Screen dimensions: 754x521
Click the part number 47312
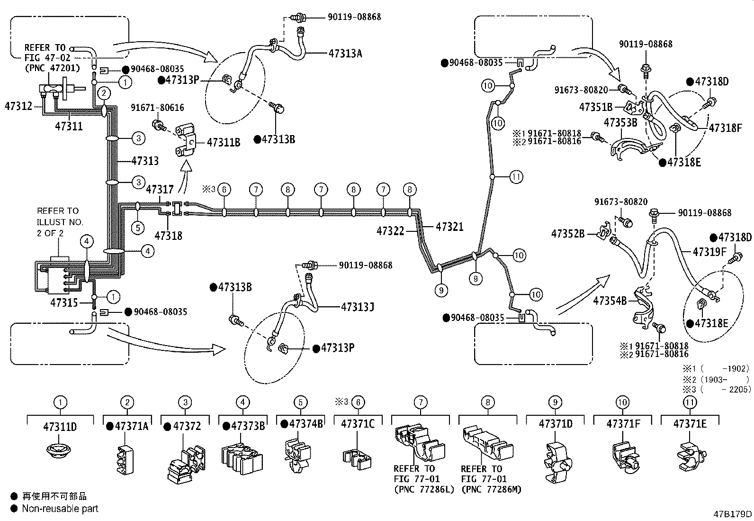click(x=18, y=106)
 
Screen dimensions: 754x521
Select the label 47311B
click(x=224, y=143)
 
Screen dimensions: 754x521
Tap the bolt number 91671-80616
click(x=158, y=108)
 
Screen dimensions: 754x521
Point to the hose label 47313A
click(x=345, y=54)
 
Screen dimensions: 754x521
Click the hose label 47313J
click(x=358, y=307)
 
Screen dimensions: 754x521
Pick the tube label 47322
click(x=390, y=231)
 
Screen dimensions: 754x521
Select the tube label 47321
click(x=449, y=227)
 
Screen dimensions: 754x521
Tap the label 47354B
click(x=610, y=301)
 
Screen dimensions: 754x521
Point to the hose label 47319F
click(x=709, y=252)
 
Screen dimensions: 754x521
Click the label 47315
click(x=64, y=302)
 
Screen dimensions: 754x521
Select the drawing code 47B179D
click(x=733, y=514)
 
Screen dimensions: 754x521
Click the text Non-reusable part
click(x=60, y=509)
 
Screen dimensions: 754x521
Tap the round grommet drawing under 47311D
click(x=59, y=450)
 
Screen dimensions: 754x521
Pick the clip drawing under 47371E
click(x=691, y=457)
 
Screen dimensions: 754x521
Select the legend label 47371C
click(x=358, y=424)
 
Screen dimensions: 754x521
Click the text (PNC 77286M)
click(x=492, y=489)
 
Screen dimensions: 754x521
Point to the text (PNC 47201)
click(x=52, y=68)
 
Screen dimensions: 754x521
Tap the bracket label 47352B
click(x=568, y=234)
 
